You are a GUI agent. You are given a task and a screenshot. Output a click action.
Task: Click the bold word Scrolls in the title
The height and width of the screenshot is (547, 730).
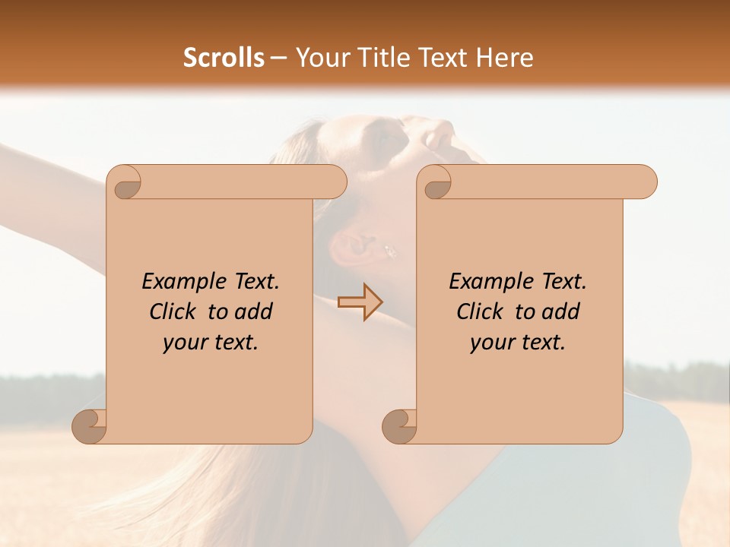(x=224, y=58)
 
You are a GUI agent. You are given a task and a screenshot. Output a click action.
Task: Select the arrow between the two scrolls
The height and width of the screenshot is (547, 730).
(x=360, y=302)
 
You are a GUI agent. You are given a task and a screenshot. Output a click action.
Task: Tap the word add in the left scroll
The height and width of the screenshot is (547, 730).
(x=254, y=312)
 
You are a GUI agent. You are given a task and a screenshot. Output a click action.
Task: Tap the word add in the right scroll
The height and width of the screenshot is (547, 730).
(x=561, y=312)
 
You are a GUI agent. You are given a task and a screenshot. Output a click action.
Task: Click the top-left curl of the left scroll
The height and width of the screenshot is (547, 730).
(x=125, y=183)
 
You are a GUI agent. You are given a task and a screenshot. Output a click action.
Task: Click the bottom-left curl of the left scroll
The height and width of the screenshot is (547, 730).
(x=89, y=426)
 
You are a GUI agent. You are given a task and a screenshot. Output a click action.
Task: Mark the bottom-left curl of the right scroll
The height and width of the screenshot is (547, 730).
(x=399, y=426)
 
